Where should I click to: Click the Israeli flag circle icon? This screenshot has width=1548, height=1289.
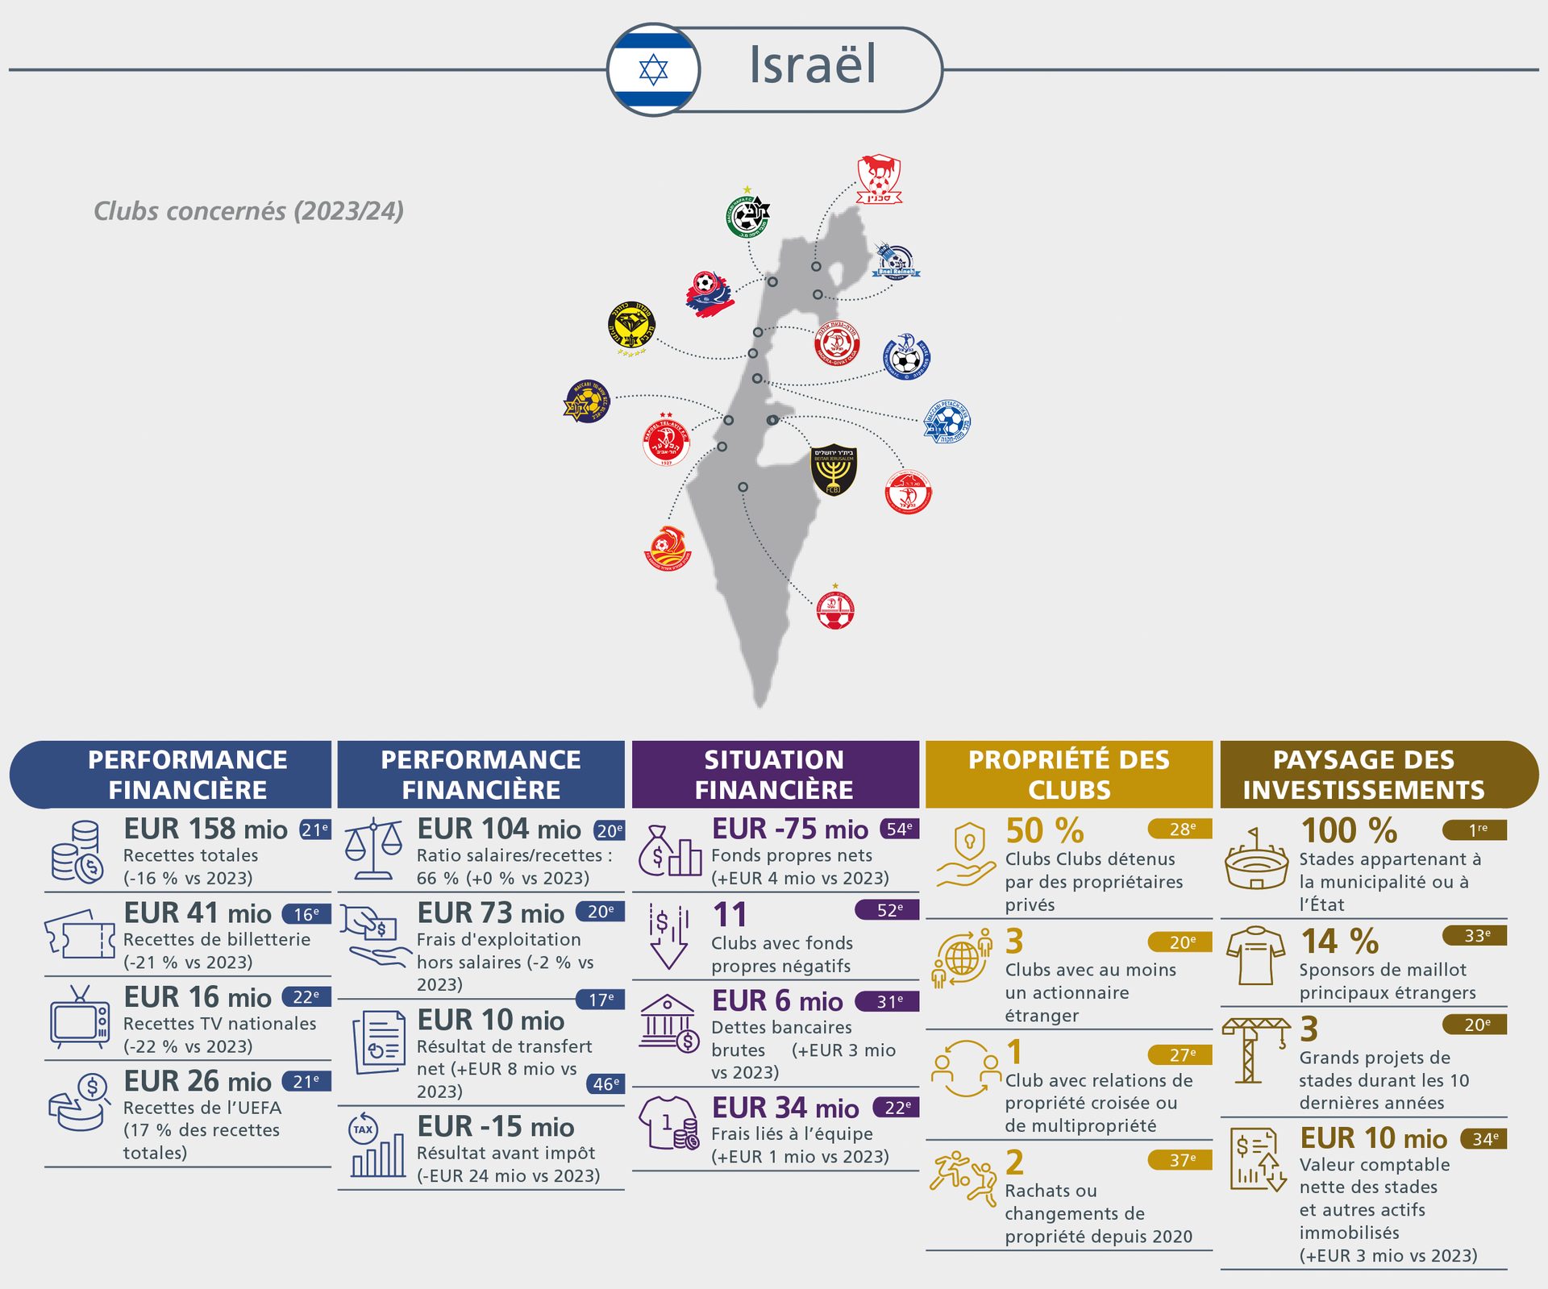[654, 70]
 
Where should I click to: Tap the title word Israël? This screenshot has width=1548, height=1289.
[812, 64]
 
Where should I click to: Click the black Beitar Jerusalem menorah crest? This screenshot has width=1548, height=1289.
[833, 469]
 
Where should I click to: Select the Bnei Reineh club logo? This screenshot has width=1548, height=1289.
[895, 260]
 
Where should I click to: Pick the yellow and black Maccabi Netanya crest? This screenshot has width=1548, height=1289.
[631, 327]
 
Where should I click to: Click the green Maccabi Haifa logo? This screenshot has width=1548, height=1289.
[747, 214]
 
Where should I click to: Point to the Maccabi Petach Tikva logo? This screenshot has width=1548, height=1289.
[947, 422]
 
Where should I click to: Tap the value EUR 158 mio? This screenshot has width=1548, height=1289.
[205, 829]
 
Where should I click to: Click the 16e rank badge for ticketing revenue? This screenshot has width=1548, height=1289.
[306, 914]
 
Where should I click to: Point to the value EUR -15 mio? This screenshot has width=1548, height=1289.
[495, 1126]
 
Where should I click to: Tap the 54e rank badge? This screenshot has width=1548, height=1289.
[898, 829]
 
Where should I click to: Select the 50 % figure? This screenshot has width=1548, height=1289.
[1044, 830]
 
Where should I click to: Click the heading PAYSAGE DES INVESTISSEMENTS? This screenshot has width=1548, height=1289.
[1363, 775]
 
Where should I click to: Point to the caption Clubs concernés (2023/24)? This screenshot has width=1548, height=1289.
[248, 211]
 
